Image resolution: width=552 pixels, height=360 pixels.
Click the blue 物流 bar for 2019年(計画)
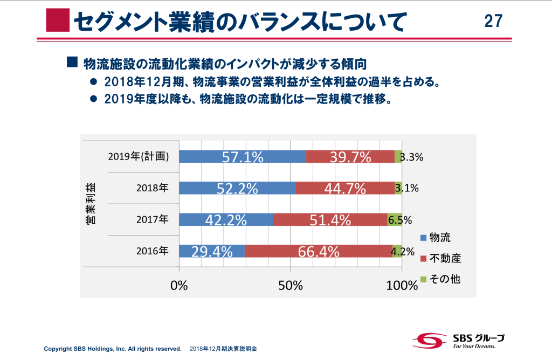(242, 156)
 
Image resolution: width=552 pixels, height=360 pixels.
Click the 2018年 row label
(152, 188)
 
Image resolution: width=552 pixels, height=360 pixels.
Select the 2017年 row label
(152, 220)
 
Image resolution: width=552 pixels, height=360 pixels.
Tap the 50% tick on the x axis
(291, 285)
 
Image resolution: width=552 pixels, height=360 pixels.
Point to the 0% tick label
(179, 285)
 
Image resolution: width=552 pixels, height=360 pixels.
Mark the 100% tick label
(401, 285)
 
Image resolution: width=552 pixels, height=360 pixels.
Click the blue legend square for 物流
(423, 237)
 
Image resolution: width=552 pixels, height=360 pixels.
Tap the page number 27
(493, 20)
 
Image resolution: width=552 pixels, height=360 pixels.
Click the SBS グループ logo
(458, 340)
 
